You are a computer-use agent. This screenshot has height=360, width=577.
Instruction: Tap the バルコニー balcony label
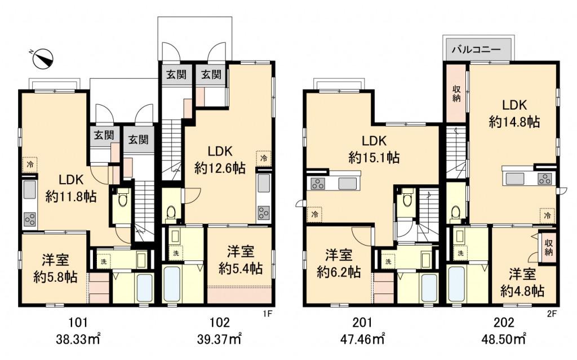[476, 50]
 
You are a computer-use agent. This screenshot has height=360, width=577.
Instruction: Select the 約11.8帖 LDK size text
[71, 197]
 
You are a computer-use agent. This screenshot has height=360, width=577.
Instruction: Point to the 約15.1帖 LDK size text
[374, 158]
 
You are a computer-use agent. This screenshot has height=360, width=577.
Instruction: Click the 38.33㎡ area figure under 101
[78, 339]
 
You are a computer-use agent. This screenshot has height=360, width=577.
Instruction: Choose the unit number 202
[504, 322]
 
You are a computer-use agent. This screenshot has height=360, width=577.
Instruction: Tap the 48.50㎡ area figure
[504, 339]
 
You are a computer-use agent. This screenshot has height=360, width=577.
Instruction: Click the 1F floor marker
[267, 314]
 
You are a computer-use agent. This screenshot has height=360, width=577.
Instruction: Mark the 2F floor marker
[552, 314]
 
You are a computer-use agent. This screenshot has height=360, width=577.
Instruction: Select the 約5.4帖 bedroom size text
[241, 268]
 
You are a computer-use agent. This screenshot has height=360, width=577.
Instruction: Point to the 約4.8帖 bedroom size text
[522, 291]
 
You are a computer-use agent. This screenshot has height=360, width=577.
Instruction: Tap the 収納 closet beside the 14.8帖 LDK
[456, 93]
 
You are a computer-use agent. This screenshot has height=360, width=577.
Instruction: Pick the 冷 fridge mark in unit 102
[264, 158]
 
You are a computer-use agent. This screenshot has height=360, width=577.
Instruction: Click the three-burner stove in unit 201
[317, 183]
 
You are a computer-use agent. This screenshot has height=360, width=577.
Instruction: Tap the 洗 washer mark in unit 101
[104, 262]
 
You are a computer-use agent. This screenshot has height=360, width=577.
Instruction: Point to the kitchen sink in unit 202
[515, 179]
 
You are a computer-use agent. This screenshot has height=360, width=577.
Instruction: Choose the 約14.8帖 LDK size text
[514, 121]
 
